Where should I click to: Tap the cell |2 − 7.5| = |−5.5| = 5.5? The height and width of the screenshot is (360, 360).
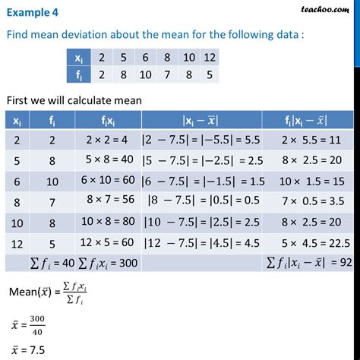tap(200, 139)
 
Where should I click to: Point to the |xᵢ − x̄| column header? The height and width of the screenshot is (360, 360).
tap(199, 119)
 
